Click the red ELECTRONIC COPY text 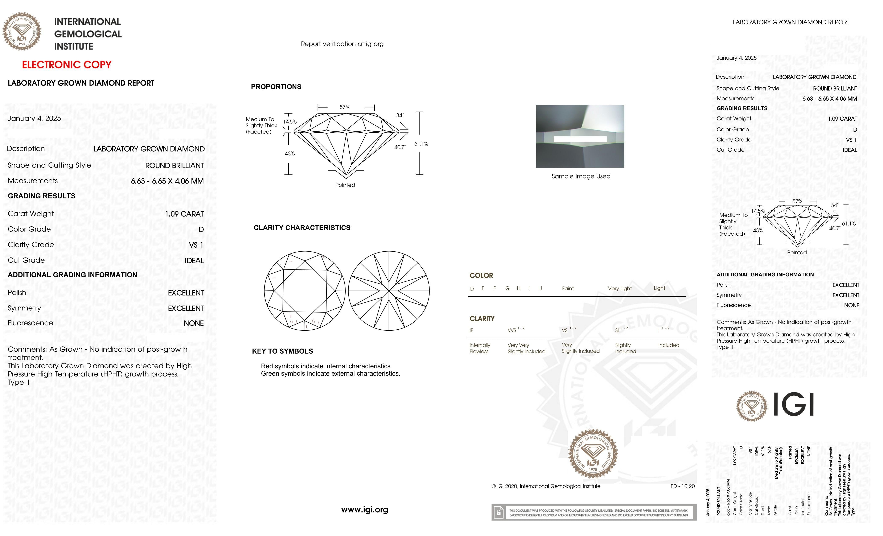click(67, 65)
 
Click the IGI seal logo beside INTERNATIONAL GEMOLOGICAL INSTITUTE click(22, 32)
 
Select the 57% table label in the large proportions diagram click(344, 107)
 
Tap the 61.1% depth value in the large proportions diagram click(421, 144)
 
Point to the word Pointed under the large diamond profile click(345, 185)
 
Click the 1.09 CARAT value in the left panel click(184, 214)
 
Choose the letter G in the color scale click(507, 288)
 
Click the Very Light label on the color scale click(620, 288)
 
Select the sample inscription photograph click(580, 136)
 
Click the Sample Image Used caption click(580, 176)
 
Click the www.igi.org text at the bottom click(365, 510)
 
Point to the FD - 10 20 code click(682, 486)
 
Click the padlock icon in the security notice click(498, 512)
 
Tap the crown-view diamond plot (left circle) click(305, 290)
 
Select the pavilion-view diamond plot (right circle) click(389, 290)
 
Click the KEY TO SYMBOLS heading click(282, 351)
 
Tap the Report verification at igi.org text click(342, 44)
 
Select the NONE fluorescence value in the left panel click(193, 323)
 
